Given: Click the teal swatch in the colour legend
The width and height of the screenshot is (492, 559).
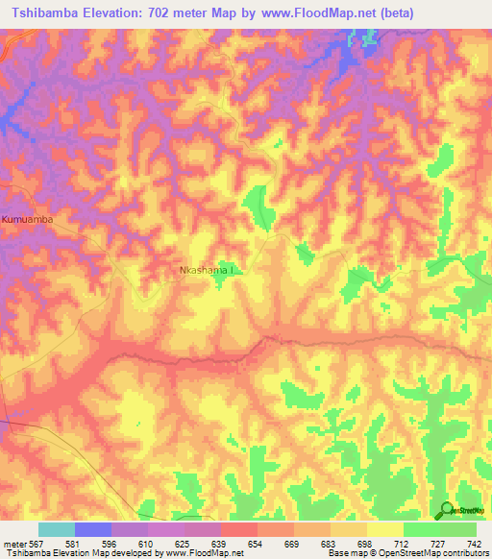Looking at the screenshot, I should click(56, 529).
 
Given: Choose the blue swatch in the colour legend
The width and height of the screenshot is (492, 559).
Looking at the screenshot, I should click(92, 529).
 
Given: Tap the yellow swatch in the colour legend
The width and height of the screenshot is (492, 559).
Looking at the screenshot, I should click(384, 529).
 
